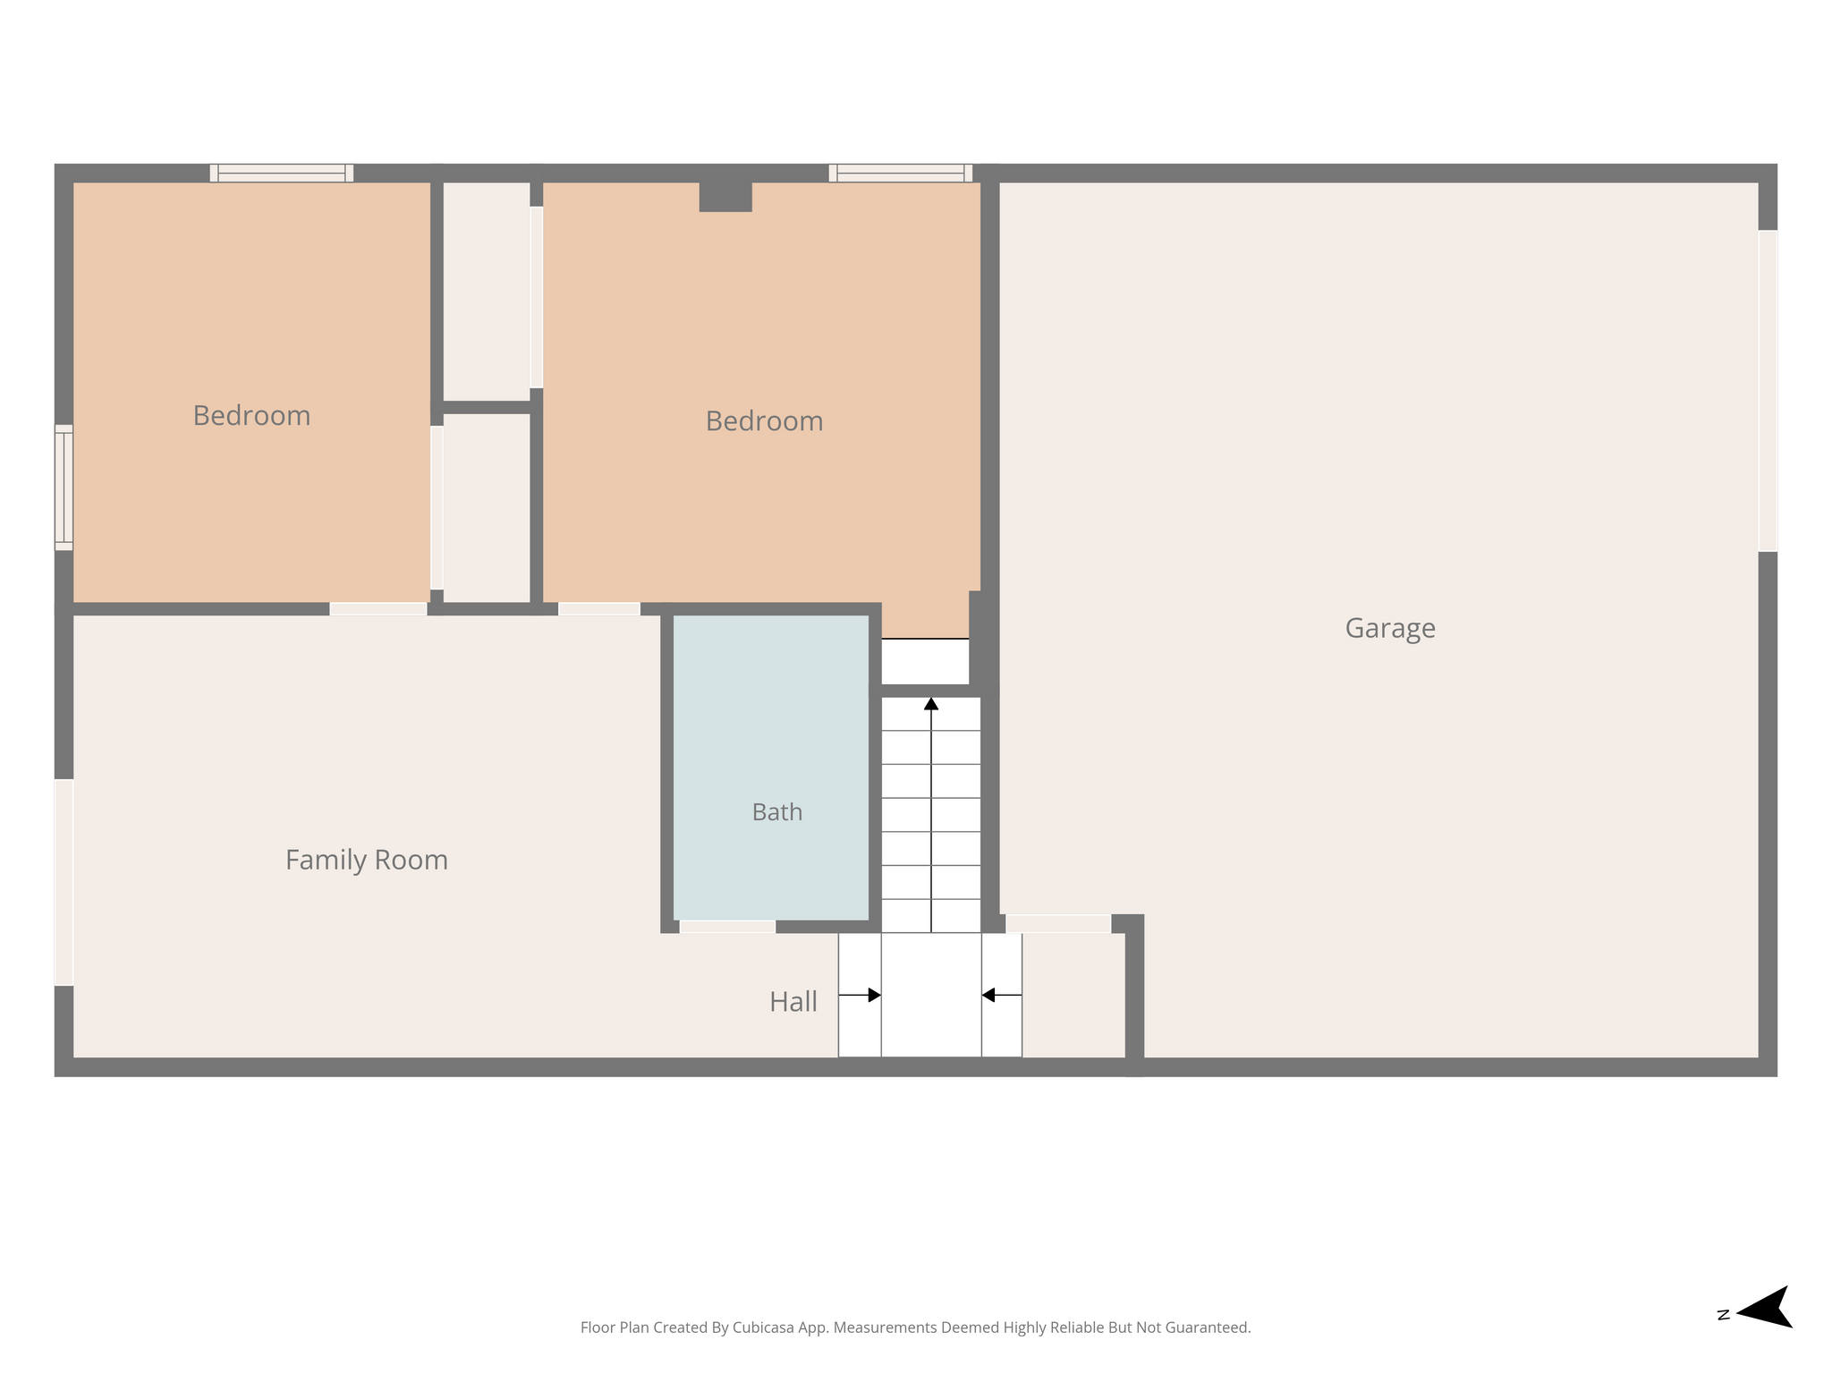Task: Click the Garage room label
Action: [x=1390, y=628]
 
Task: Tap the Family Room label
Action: [x=367, y=860]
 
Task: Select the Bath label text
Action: [x=776, y=812]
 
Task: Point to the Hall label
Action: [x=793, y=1002]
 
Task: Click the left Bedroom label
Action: [x=251, y=415]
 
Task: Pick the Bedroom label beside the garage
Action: [x=764, y=420]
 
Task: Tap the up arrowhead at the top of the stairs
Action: [x=931, y=704]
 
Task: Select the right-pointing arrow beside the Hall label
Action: [x=860, y=995]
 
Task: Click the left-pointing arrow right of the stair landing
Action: [x=1002, y=995]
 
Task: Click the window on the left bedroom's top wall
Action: [x=282, y=173]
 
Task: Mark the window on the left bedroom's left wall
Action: [x=64, y=488]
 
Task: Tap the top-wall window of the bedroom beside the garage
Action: [x=901, y=173]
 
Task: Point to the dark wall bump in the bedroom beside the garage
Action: [x=725, y=197]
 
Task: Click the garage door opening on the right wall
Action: [x=1768, y=391]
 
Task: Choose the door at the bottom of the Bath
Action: [x=727, y=927]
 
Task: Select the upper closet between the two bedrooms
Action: [x=487, y=292]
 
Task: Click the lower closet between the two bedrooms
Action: [x=487, y=508]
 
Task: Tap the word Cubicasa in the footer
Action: [x=765, y=1327]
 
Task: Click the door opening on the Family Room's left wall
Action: [x=64, y=882]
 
